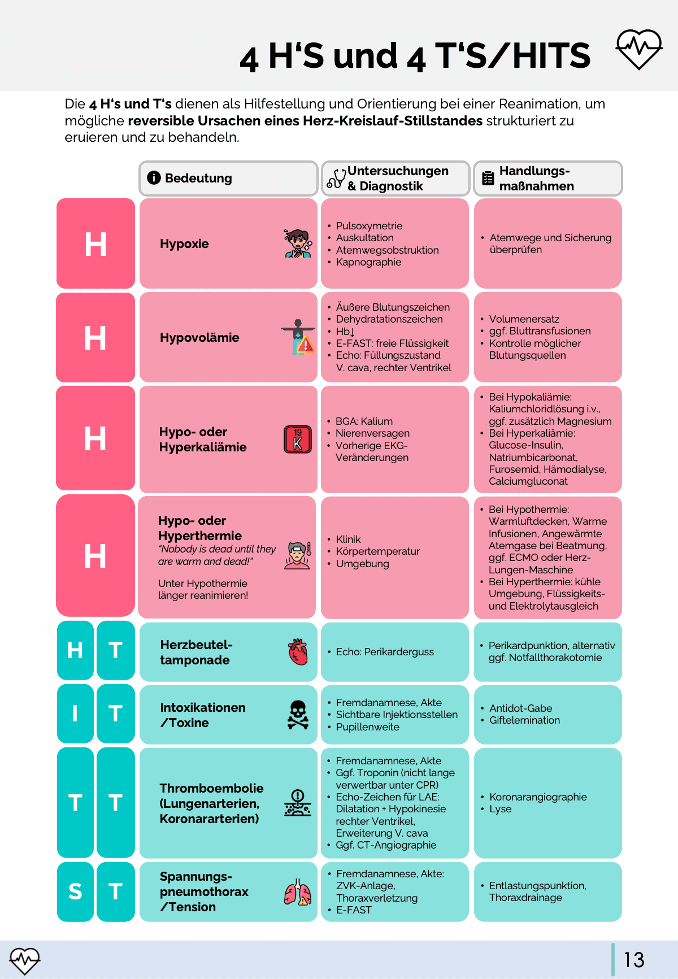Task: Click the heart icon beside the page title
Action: (639, 49)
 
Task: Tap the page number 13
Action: (634, 960)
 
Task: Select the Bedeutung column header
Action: (198, 179)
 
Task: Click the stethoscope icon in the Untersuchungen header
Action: (336, 179)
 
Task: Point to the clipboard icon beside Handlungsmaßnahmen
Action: (488, 179)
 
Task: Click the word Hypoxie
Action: (184, 244)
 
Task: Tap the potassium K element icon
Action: (298, 440)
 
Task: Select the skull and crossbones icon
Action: (298, 715)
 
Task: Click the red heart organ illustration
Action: (298, 652)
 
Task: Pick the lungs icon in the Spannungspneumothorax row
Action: (298, 893)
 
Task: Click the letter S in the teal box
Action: (75, 891)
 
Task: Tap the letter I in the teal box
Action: (75, 714)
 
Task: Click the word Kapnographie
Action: (368, 262)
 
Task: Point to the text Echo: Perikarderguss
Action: (385, 652)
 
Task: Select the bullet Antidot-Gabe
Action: (520, 708)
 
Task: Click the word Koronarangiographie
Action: (538, 797)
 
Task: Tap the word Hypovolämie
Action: (199, 338)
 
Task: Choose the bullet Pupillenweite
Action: (367, 727)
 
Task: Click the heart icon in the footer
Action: (25, 960)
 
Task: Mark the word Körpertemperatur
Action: (377, 551)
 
